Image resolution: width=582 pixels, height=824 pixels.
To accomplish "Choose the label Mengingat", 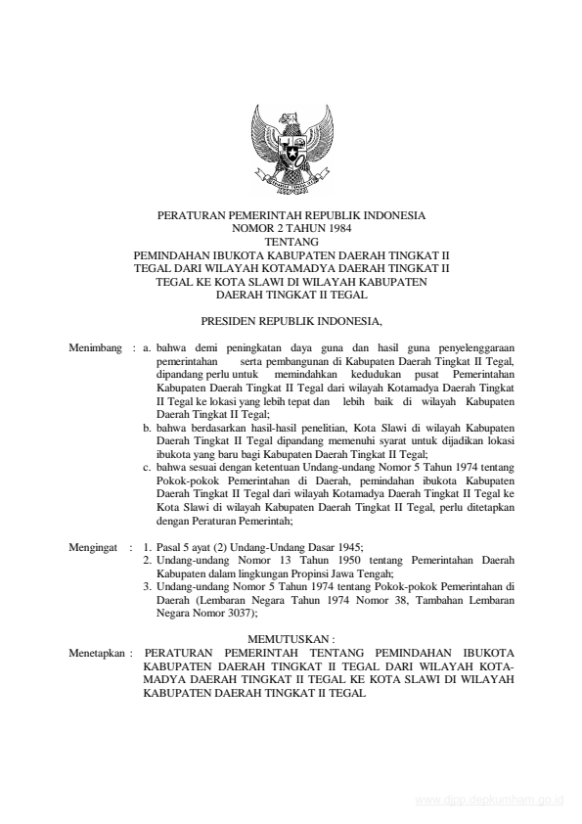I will coord(96,550).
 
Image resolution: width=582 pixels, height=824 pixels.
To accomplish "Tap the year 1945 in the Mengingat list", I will coord(346,550).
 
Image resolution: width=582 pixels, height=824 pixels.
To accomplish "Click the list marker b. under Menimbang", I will coord(147,428).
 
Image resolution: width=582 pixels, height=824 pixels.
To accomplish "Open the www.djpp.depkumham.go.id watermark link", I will coord(489,800).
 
